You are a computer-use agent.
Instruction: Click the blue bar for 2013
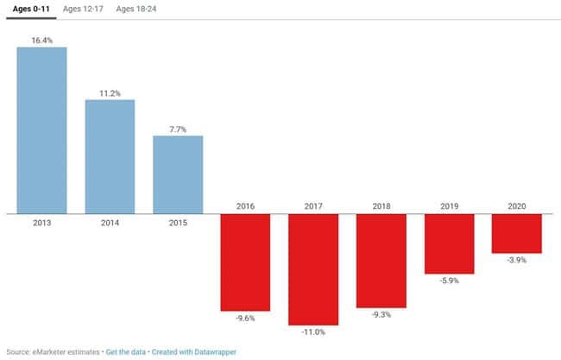coord(41,129)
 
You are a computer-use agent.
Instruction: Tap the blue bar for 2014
coord(110,156)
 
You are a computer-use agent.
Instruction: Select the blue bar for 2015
coord(178,174)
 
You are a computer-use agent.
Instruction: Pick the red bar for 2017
coord(313,268)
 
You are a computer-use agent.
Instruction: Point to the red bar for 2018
coord(381,260)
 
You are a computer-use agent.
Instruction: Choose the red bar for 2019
coord(449,243)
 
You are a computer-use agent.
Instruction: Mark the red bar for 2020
coord(517,233)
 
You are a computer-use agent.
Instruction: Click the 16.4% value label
coord(41,39)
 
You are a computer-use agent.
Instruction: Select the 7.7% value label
coord(178,128)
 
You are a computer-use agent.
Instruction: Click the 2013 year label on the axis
coord(41,222)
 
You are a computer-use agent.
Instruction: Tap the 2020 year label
coord(517,206)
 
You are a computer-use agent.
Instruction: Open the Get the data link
coord(125,351)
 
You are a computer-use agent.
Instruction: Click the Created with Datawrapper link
coord(194,351)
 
